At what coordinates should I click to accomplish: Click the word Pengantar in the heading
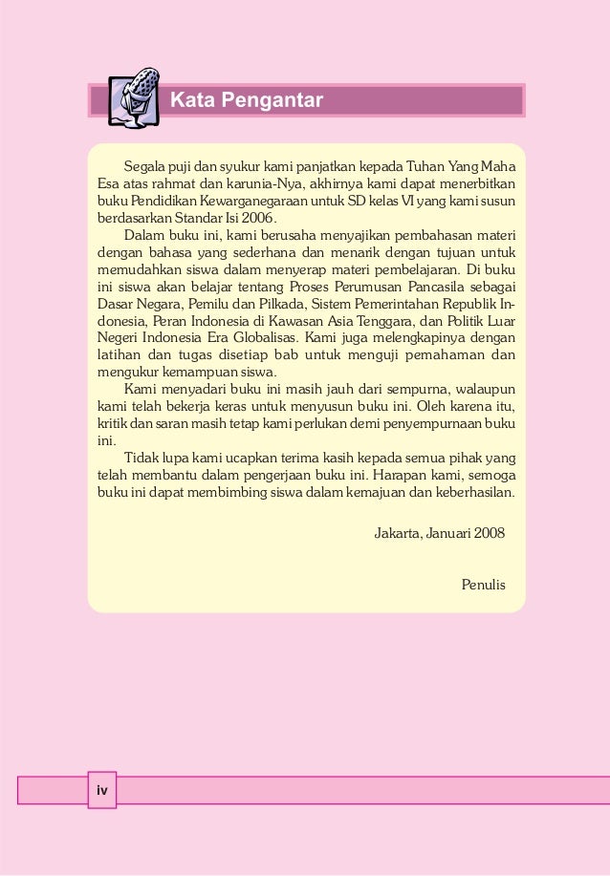tap(278, 100)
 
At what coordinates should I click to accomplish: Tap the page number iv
tap(101, 790)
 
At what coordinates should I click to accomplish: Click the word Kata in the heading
tap(191, 100)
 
